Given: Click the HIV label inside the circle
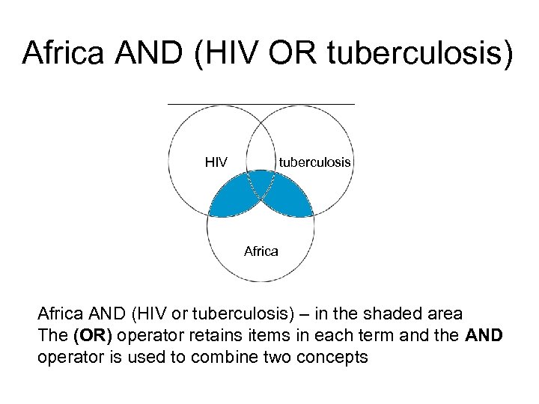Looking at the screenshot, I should (216, 162).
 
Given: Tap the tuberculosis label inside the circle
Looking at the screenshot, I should (314, 162).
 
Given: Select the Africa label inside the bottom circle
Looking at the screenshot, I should (261, 251).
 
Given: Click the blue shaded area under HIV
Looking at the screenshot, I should (233, 199).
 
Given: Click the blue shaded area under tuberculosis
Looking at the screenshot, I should (288, 199).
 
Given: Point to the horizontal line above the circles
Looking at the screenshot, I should (261, 103).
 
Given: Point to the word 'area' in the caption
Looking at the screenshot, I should (447, 313).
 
